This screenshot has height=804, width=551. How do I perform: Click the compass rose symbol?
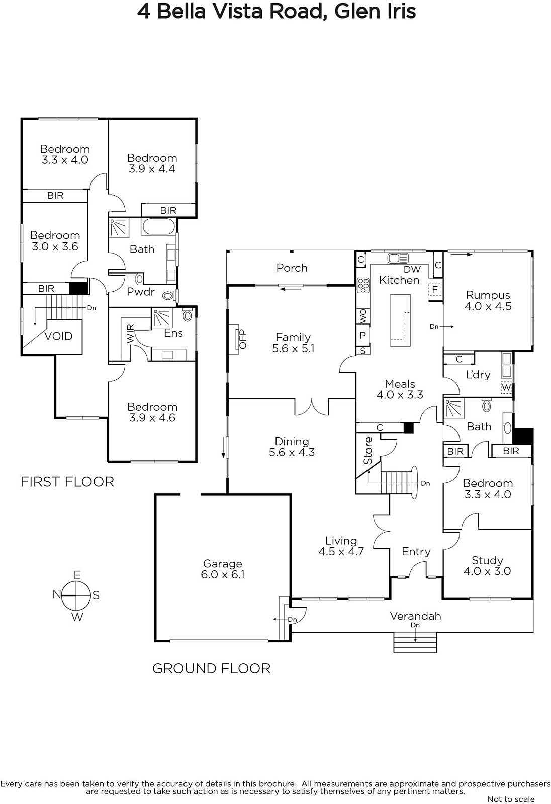(76, 595)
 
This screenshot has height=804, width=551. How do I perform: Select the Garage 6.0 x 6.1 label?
(222, 569)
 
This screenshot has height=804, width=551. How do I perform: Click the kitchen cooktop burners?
(363, 285)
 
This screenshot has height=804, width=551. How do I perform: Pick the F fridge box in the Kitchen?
(435, 289)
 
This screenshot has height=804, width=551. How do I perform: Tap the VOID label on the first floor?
(58, 336)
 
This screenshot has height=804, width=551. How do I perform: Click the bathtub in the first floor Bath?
(158, 227)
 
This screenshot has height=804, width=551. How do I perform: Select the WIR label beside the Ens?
(131, 334)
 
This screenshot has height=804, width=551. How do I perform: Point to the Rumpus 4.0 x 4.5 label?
(488, 300)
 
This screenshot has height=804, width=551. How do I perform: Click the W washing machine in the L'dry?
(506, 388)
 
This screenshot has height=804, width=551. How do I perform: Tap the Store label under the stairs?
(369, 450)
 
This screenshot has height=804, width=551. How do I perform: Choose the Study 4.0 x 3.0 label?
(487, 566)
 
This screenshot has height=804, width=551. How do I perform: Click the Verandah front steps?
(415, 643)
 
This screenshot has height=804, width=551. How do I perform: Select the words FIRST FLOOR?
(67, 482)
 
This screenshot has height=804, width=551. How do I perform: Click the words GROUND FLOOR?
(211, 668)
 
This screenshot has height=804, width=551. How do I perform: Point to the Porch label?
(292, 268)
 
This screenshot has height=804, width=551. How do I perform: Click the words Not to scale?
(511, 799)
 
